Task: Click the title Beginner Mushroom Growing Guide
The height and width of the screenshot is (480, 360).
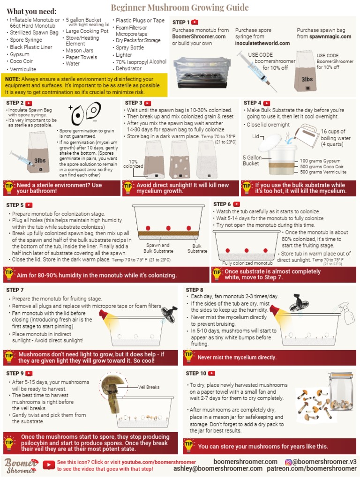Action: point(180,7)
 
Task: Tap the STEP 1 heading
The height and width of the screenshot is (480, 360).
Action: point(181,22)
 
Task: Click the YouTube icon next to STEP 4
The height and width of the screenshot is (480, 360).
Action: point(267,104)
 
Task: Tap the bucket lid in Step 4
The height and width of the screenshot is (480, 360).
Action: point(270,142)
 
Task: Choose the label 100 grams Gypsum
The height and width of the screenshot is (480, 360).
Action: point(320,161)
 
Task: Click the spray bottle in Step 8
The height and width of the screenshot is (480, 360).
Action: point(345,313)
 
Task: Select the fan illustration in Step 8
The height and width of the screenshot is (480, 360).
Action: point(297,302)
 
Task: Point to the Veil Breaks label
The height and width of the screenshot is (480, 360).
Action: point(149,387)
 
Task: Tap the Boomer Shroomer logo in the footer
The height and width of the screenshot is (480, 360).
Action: point(21,465)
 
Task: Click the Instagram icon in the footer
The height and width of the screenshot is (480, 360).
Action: point(288,462)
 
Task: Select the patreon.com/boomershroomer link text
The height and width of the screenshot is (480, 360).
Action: point(312,469)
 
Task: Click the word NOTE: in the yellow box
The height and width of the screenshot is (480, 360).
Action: point(12,79)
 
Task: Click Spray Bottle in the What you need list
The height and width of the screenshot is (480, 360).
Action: point(129,48)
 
